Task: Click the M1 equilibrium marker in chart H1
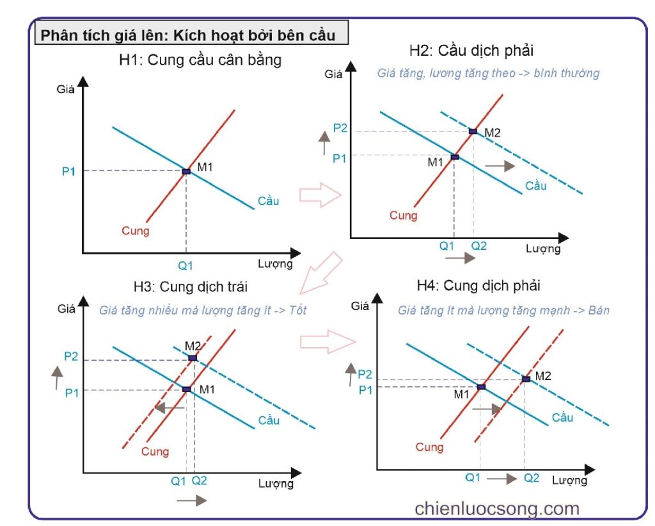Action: click(x=186, y=172)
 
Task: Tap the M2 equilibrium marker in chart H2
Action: click(x=473, y=131)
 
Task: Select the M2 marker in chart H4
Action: click(x=526, y=379)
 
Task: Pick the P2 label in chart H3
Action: click(x=72, y=357)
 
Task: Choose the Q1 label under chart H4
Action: click(x=473, y=477)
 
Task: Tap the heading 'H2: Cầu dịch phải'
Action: click(x=471, y=51)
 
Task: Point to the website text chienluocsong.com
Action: click(x=496, y=509)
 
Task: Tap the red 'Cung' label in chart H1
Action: click(x=135, y=231)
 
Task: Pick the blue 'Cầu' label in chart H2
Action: click(x=536, y=186)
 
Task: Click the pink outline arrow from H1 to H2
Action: click(x=320, y=194)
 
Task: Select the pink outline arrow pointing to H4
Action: click(x=327, y=340)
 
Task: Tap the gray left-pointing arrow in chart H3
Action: click(x=170, y=407)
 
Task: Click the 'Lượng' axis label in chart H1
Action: click(x=276, y=263)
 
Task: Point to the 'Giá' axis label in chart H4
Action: click(x=359, y=306)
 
